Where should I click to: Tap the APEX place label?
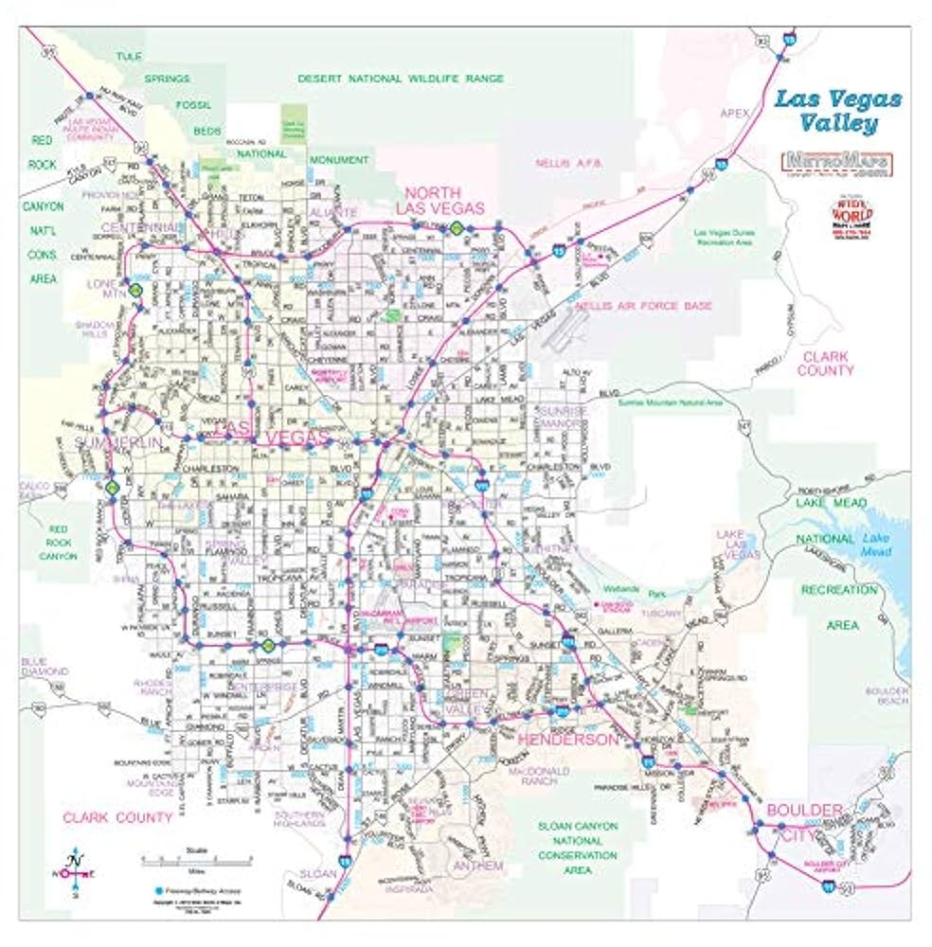coord(734,112)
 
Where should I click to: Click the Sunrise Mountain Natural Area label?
coord(670,402)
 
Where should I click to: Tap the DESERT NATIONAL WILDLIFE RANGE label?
coord(401,79)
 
